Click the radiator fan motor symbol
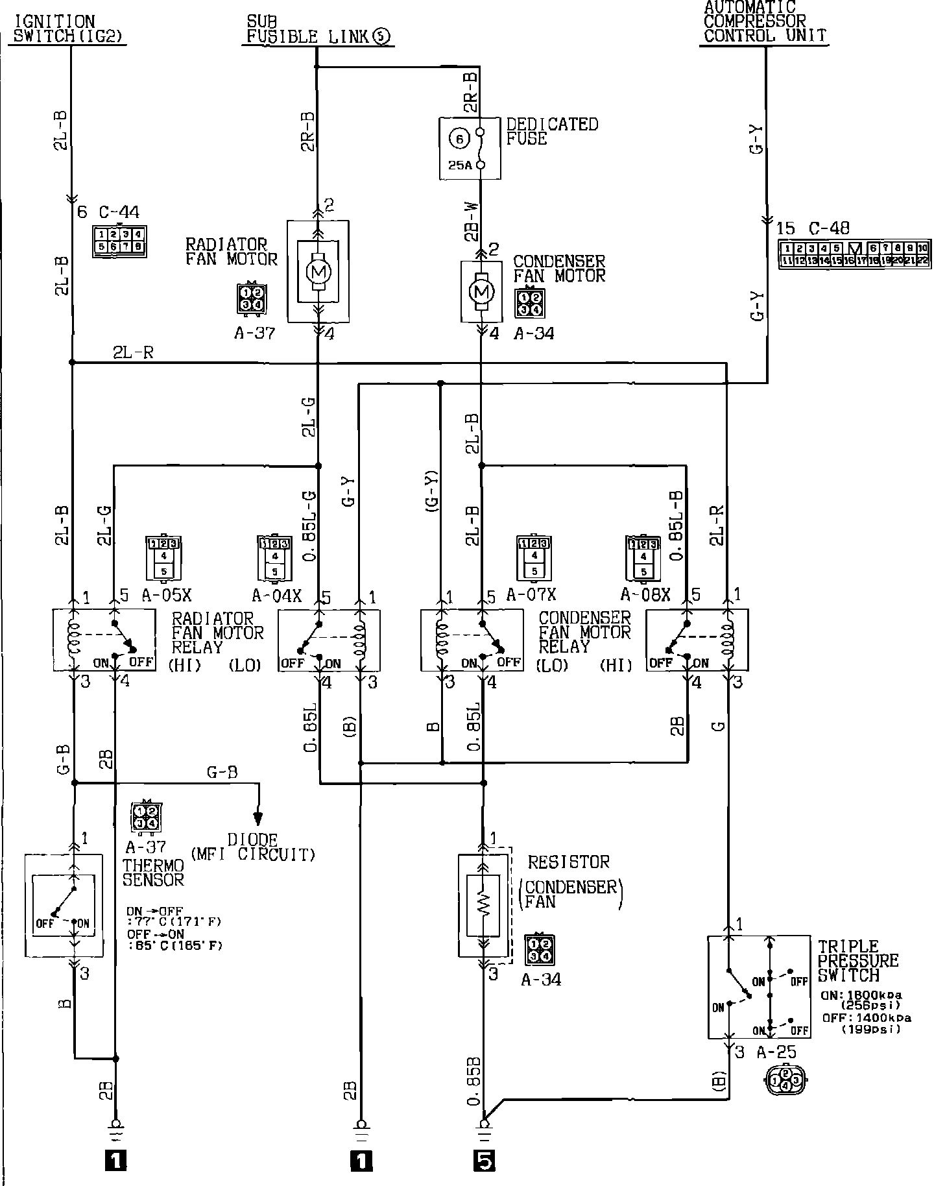[x=318, y=272]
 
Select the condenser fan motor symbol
[x=481, y=291]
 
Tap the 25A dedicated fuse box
[x=470, y=148]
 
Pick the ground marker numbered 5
[x=484, y=1160]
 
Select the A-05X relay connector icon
[x=163, y=557]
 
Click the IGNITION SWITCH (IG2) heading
[x=67, y=30]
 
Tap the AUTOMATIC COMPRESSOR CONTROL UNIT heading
[x=764, y=22]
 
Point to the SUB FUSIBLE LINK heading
[x=318, y=31]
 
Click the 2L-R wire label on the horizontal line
[x=133, y=353]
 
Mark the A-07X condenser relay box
[x=472, y=640]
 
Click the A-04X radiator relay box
[x=329, y=640]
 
